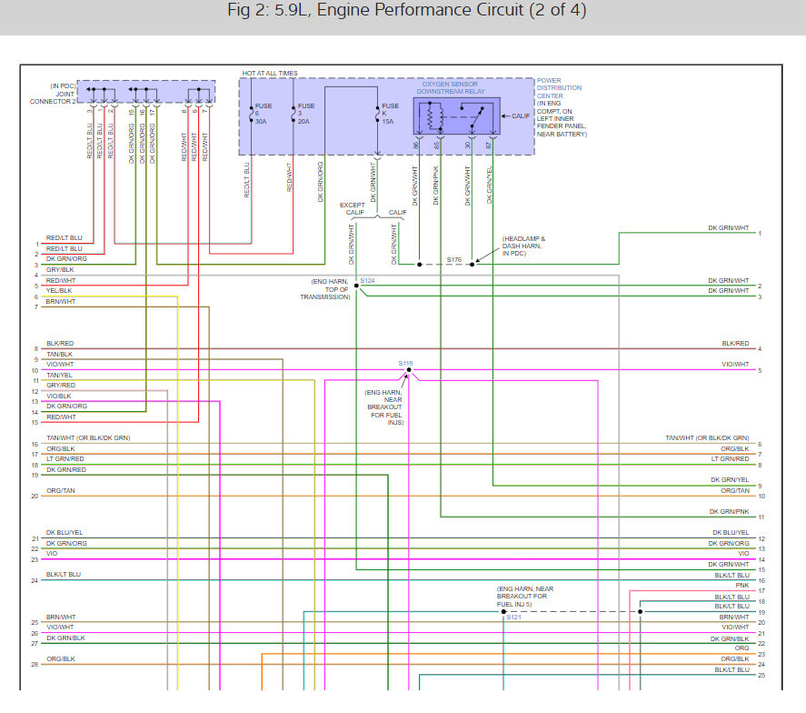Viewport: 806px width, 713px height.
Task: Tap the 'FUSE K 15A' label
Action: (390, 114)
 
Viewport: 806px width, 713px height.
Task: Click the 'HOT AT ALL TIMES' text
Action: (269, 74)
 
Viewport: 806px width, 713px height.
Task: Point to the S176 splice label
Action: (454, 259)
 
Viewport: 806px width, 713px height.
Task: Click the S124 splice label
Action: (367, 280)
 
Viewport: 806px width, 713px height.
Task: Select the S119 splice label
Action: (405, 363)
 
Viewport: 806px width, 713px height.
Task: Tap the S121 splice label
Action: (514, 618)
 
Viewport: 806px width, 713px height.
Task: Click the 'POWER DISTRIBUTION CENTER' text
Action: (559, 88)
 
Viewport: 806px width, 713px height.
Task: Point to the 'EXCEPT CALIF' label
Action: (353, 208)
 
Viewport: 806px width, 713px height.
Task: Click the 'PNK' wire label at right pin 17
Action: (742, 586)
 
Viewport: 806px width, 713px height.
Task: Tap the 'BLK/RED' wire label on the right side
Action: (735, 343)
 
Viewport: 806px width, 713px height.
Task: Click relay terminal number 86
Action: (416, 146)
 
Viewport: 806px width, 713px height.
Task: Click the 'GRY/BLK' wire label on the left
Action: (61, 269)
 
